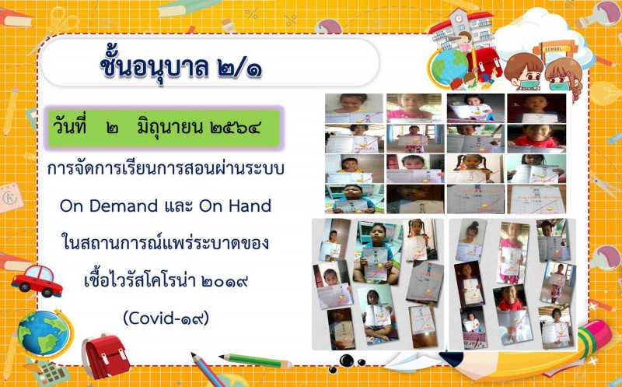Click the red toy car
pyautogui.click(x=37, y=280)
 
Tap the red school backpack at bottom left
pyautogui.click(x=105, y=355)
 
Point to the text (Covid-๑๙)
pyautogui.click(x=166, y=318)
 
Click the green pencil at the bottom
pyautogui.click(x=256, y=361)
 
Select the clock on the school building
pyautogui.click(x=458, y=19)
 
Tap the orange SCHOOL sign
pyautogui.click(x=553, y=49)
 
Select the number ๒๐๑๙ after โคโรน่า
pyautogui.click(x=225, y=281)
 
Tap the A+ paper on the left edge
pyautogui.click(x=10, y=198)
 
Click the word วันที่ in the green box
pyautogui.click(x=69, y=127)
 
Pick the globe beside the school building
pyautogui.click(x=449, y=66)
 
